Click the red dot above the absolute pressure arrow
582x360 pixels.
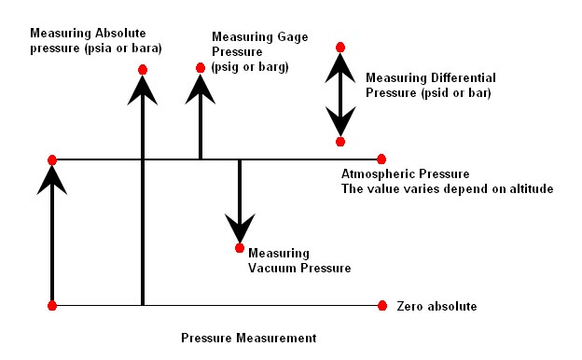[x=143, y=70]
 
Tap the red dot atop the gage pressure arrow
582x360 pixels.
[x=201, y=68]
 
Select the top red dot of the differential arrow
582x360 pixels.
[x=340, y=48]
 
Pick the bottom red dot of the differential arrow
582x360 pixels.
[x=340, y=142]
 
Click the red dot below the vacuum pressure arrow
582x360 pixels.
[x=240, y=247]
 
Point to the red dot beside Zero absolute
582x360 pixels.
[x=382, y=306]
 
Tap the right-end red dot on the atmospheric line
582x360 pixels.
[x=381, y=159]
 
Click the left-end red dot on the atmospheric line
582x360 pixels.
[x=52, y=160]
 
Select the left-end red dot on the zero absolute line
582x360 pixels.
[x=52, y=306]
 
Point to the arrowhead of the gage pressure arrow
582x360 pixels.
[x=201, y=90]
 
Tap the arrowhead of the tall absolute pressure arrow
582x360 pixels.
[x=143, y=90]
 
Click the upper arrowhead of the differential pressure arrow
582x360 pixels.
[x=340, y=68]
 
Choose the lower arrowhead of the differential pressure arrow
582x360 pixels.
[x=340, y=121]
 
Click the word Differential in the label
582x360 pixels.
[x=464, y=78]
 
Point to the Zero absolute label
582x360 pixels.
[x=436, y=306]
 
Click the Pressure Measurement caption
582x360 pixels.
[x=249, y=339]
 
